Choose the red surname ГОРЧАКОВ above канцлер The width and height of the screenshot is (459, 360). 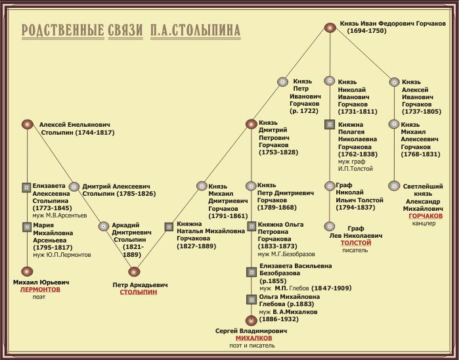tap(425, 215)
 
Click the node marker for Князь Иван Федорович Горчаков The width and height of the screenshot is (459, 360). tap(330, 28)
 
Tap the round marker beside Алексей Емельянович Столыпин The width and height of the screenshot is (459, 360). tap(27, 124)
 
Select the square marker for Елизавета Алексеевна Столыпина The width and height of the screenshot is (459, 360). tap(26, 187)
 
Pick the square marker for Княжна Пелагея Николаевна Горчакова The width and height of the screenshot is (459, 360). tap(330, 124)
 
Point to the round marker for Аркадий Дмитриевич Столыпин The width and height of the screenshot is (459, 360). tap(103, 226)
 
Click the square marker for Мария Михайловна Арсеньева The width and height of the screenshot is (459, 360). tap(26, 227)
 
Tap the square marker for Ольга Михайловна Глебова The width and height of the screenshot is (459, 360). tap(251, 300)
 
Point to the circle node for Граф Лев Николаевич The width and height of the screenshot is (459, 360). tap(330, 227)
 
